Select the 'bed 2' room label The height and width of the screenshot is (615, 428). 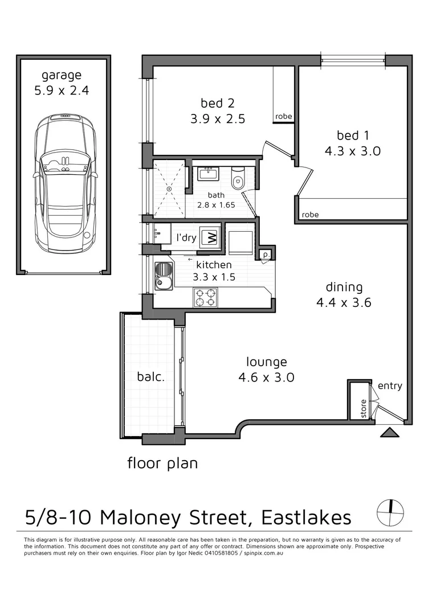coord(218,103)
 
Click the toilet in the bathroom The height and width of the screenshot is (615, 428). coord(239,178)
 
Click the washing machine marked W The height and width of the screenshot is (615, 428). coord(210,237)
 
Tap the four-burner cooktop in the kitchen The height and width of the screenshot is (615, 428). coord(206,297)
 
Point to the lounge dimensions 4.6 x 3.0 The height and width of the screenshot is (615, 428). coord(266,377)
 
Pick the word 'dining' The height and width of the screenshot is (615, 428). coord(344,287)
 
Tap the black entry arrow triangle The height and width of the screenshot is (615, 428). coord(390,433)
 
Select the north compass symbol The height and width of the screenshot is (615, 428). coord(391,513)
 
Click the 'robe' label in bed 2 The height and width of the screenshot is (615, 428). coord(283,117)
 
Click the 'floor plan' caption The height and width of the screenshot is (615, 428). coord(162,463)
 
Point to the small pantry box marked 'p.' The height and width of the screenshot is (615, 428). coord(265,254)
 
